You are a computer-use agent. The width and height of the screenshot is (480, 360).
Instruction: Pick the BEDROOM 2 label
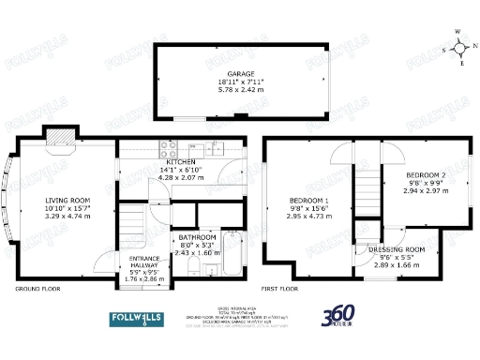(427, 175)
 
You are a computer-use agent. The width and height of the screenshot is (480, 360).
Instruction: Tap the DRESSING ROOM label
(393, 249)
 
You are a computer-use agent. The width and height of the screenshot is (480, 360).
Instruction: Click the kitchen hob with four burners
(171, 146)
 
